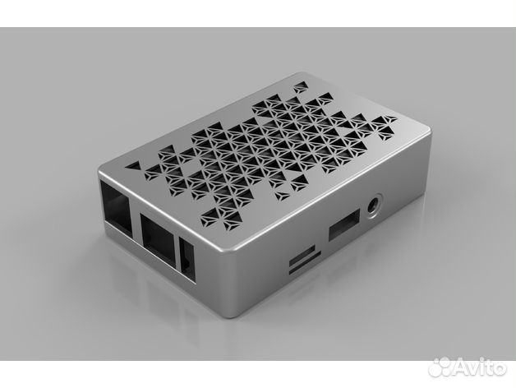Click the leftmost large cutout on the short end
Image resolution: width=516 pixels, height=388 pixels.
(x=113, y=206)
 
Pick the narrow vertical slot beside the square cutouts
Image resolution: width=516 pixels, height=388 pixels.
(x=187, y=256)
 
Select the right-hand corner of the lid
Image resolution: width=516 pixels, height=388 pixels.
(x=427, y=130)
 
